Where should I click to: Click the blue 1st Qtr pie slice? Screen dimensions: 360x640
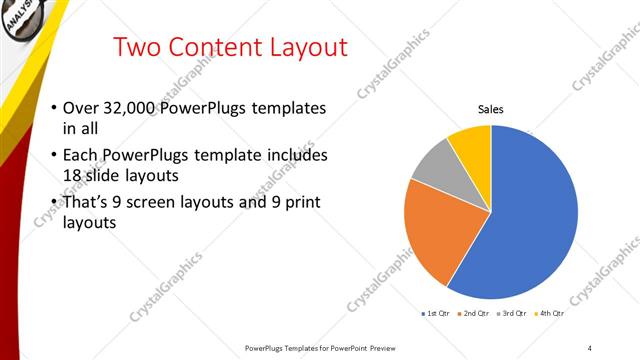click(x=530, y=210)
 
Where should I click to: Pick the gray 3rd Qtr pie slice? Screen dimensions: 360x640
click(x=436, y=164)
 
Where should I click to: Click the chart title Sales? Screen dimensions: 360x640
click(x=491, y=109)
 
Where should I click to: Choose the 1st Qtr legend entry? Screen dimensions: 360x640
click(x=436, y=314)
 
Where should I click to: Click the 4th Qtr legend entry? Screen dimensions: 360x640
click(x=549, y=314)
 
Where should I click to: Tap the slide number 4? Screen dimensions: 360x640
click(x=590, y=347)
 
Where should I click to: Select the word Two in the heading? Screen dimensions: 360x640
click(x=138, y=47)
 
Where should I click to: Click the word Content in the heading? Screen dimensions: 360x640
click(x=212, y=47)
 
